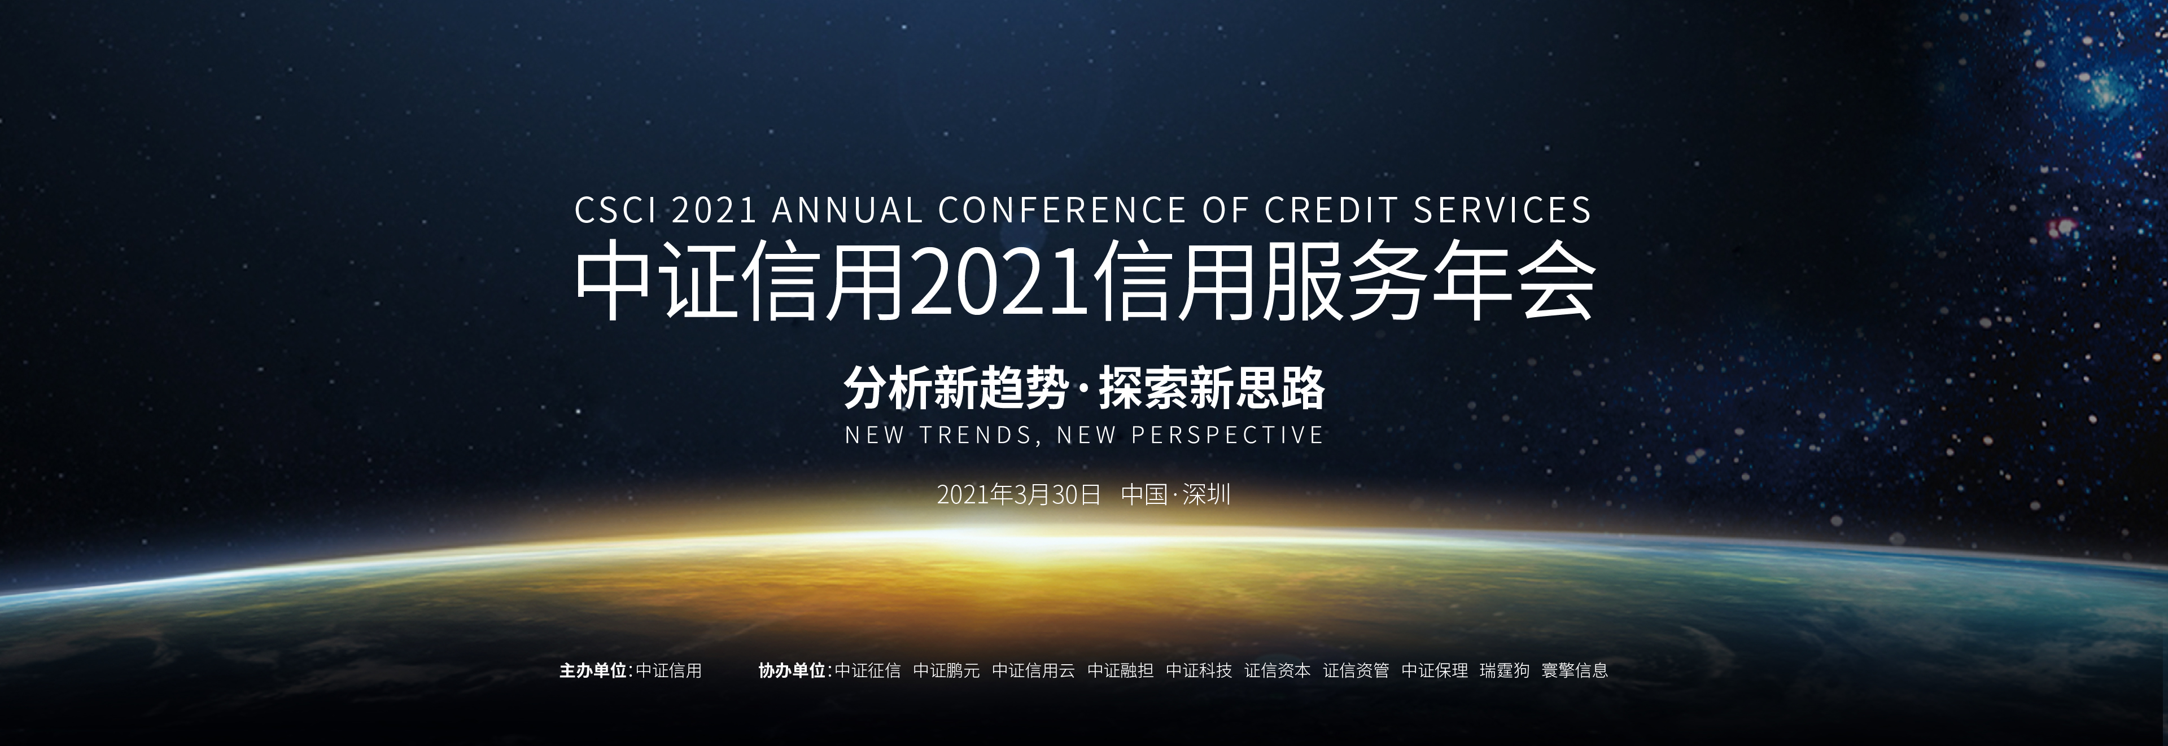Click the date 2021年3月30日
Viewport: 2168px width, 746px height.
tap(1019, 494)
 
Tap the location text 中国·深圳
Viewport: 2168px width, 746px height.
tap(1175, 494)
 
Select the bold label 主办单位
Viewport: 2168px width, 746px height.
tap(593, 670)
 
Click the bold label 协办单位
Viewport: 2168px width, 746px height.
tap(792, 670)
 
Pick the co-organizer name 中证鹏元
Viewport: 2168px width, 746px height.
tap(947, 670)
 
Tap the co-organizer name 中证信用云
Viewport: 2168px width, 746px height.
tap(1034, 670)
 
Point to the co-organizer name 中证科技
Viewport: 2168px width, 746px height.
tap(1199, 670)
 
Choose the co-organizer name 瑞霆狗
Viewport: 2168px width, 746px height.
tap(1505, 670)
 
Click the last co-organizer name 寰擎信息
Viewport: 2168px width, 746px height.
tap(1575, 670)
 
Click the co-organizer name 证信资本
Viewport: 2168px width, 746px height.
tap(1278, 670)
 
